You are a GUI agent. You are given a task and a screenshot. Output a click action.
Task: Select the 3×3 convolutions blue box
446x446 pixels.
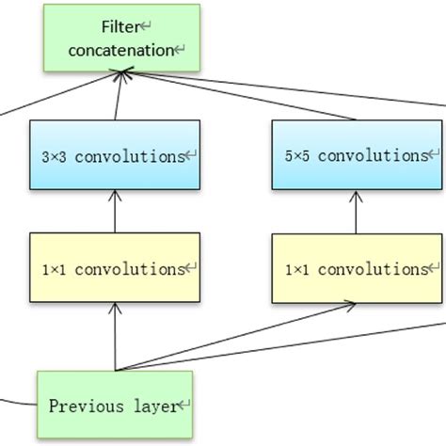[115, 155]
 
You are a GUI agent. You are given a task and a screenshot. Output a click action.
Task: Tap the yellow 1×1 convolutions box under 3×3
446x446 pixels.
[115, 268]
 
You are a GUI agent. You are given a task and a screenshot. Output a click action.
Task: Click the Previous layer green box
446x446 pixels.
[115, 406]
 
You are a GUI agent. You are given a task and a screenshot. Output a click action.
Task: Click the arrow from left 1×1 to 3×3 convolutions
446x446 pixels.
[115, 212]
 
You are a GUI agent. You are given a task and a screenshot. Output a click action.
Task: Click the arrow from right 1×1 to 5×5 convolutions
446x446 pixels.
[356, 212]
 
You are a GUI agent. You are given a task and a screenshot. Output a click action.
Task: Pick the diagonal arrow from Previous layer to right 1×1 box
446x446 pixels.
[235, 337]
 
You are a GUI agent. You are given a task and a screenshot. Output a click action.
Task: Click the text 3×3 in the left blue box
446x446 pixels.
[56, 156]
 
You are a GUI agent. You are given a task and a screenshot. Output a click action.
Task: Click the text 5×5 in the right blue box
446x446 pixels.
[296, 156]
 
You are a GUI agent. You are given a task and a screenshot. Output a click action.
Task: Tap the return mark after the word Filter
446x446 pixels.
[142, 28]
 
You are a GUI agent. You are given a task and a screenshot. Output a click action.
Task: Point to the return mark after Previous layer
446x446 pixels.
[185, 407]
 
